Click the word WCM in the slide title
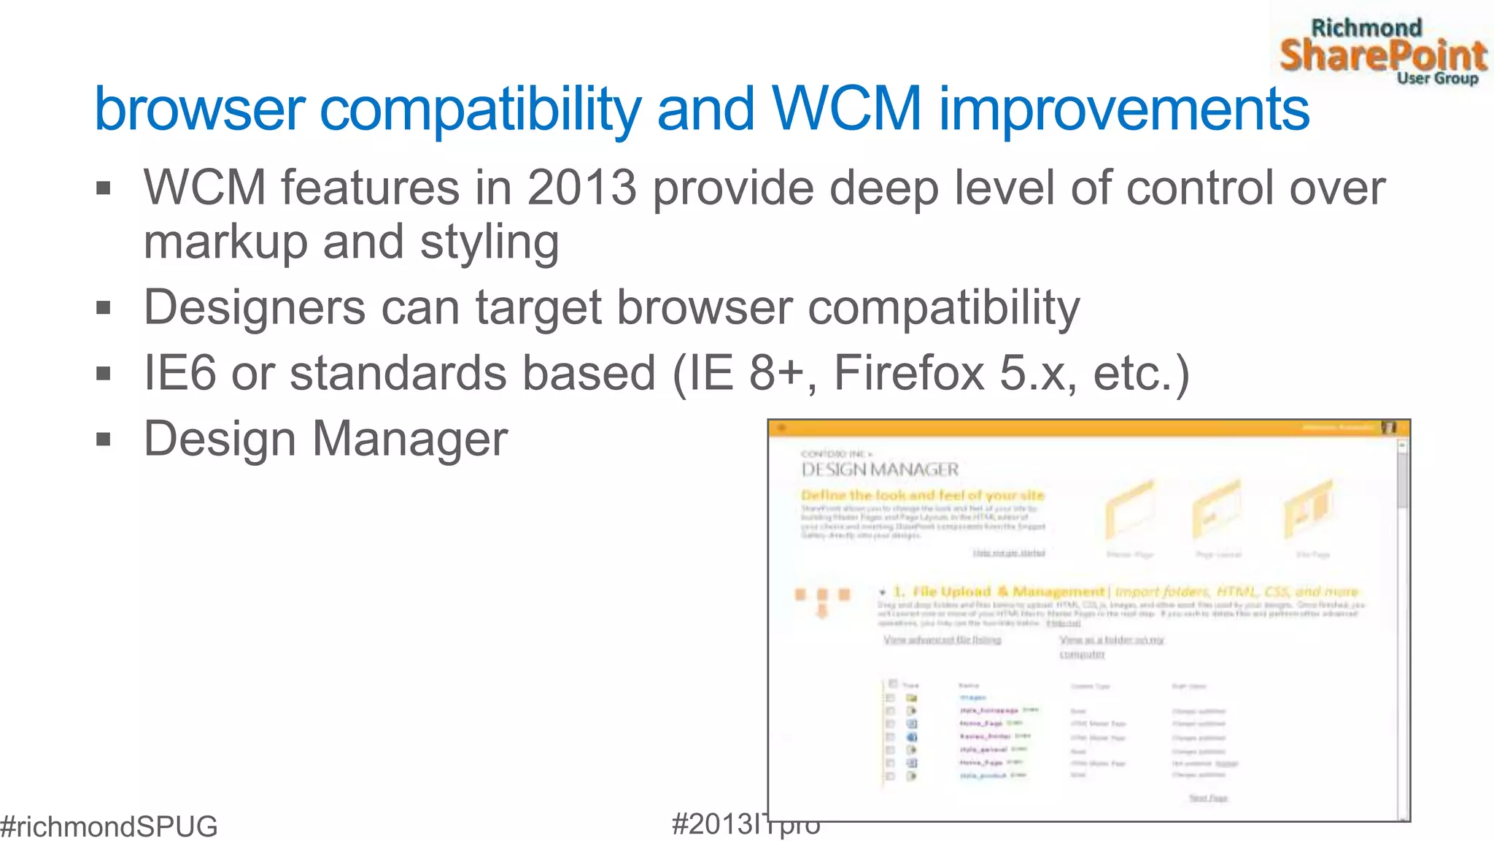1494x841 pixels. pos(846,110)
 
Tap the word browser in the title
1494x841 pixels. pos(199,110)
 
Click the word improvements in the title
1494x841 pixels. pos(1123,110)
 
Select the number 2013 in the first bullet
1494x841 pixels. pos(581,188)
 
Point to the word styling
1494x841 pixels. pos(489,242)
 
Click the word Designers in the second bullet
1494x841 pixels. pos(255,307)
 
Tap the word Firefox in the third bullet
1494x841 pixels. pos(908,373)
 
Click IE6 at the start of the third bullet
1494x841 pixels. pos(179,373)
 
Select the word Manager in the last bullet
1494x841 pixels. pos(409,439)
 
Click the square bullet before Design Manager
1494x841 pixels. pos(104,439)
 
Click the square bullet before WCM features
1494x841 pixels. pos(104,188)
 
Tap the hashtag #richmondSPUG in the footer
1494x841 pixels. pos(109,826)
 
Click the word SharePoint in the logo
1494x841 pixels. pos(1382,56)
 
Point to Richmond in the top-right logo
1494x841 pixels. pos(1366,28)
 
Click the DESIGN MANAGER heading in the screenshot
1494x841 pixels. pos(880,469)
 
